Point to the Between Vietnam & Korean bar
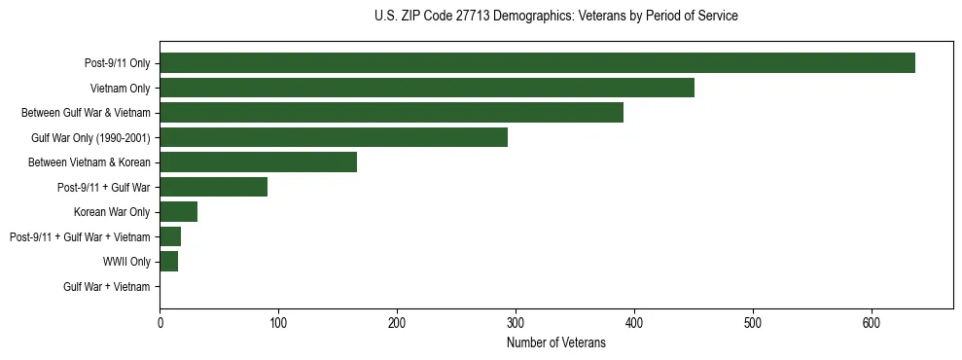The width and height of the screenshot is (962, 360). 258,162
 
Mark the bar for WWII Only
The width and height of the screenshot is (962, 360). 168,262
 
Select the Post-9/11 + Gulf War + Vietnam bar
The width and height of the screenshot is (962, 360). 170,236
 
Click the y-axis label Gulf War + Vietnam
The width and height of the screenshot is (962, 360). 107,287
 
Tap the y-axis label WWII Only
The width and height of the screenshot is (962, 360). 126,262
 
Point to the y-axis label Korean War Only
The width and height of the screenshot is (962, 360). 112,212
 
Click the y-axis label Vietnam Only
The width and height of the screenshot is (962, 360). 119,89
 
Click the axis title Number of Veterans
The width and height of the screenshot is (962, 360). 556,342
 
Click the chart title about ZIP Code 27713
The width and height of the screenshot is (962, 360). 555,17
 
